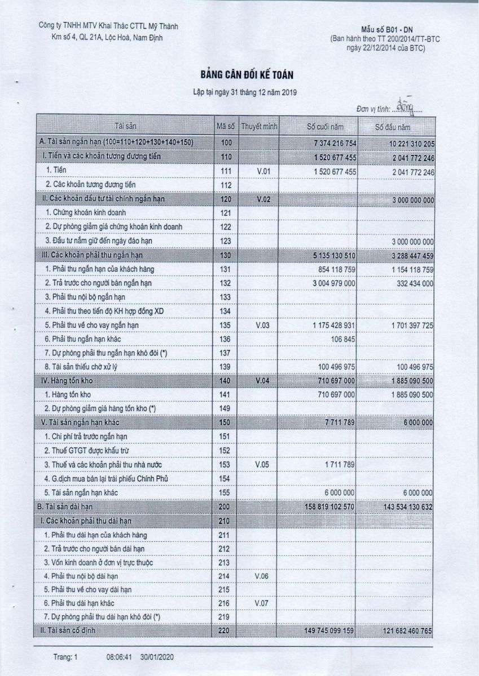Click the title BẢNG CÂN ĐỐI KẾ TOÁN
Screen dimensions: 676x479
(x=239, y=74)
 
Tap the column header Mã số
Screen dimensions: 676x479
(x=225, y=126)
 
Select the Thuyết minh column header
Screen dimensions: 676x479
(x=259, y=126)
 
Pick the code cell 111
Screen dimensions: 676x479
(x=225, y=170)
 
